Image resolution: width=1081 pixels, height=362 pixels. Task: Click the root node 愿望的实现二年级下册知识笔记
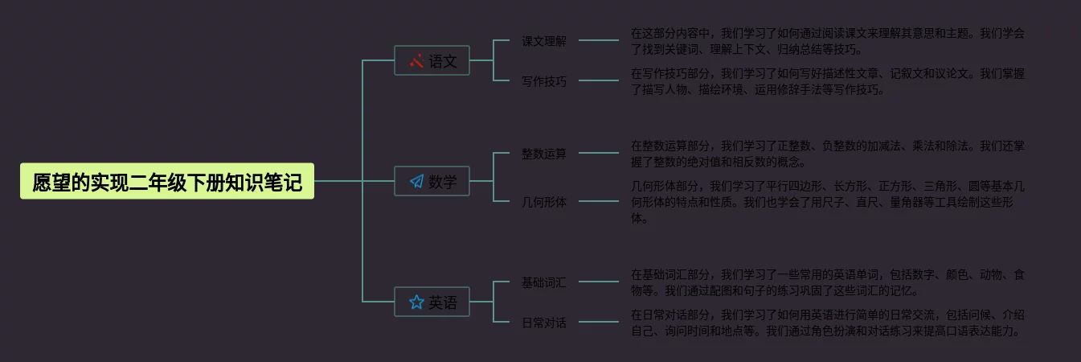pyautogui.click(x=167, y=182)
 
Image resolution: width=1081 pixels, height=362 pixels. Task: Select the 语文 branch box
pyautogui.click(x=432, y=61)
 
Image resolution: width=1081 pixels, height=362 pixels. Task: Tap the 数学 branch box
pyautogui.click(x=432, y=182)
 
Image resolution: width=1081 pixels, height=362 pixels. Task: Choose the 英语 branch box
pyautogui.click(x=432, y=302)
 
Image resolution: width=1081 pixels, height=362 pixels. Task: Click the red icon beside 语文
pyautogui.click(x=416, y=61)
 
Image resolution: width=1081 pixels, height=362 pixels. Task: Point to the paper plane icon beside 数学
pyautogui.click(x=416, y=182)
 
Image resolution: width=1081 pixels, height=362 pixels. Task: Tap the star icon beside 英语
pyautogui.click(x=416, y=302)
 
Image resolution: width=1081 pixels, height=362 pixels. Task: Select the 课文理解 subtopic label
pyautogui.click(x=544, y=41)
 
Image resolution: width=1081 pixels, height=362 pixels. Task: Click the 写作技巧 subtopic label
pyautogui.click(x=544, y=81)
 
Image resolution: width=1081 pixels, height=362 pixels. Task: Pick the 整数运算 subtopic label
pyautogui.click(x=544, y=154)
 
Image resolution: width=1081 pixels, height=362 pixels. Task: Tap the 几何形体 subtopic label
pyautogui.click(x=544, y=202)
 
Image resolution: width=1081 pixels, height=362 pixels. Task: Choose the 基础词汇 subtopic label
pyautogui.click(x=544, y=282)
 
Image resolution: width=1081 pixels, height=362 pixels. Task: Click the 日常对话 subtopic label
pyautogui.click(x=544, y=323)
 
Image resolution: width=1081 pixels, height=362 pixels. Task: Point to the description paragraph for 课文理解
pyautogui.click(x=827, y=41)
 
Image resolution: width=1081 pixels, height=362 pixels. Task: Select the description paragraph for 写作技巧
pyautogui.click(x=827, y=81)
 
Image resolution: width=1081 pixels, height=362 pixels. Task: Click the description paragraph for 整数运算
pyautogui.click(x=827, y=154)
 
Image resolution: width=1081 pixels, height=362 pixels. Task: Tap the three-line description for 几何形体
pyautogui.click(x=827, y=202)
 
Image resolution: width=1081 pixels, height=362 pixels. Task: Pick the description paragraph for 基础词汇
pyautogui.click(x=827, y=282)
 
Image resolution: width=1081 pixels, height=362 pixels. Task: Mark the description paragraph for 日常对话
pyautogui.click(x=827, y=323)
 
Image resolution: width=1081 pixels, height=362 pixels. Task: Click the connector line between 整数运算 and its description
pyautogui.click(x=599, y=152)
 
